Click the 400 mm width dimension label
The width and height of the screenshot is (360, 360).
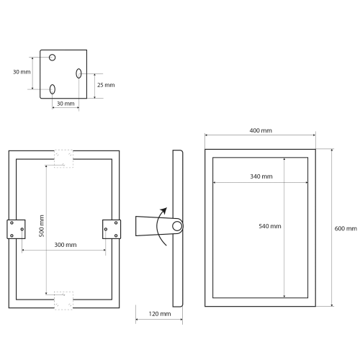click(x=261, y=131)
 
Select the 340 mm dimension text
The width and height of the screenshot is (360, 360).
click(x=261, y=176)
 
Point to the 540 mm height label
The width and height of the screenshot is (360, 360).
click(x=269, y=226)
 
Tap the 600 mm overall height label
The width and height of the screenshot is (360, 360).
click(x=346, y=228)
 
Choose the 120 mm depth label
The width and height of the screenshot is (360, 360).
click(x=161, y=314)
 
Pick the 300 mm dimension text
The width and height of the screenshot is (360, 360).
click(x=66, y=245)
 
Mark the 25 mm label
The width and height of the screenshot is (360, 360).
click(x=105, y=86)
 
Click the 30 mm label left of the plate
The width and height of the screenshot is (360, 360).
click(x=22, y=72)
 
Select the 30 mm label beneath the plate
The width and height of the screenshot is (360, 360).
click(x=65, y=104)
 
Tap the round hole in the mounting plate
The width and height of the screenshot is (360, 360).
click(x=53, y=58)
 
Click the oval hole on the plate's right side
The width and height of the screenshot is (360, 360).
click(x=78, y=73)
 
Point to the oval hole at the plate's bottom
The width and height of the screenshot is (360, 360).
click(x=53, y=89)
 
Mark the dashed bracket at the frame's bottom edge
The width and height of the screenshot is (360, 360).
click(x=64, y=299)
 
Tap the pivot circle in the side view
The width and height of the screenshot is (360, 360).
click(x=176, y=228)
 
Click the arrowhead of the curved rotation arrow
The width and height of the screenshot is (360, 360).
click(x=165, y=210)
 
